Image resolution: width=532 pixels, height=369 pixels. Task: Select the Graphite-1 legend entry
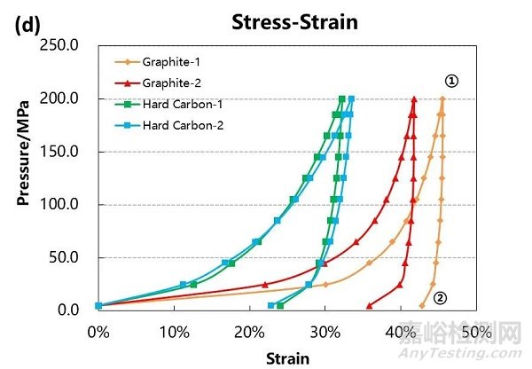168,62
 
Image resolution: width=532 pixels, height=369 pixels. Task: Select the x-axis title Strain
286,358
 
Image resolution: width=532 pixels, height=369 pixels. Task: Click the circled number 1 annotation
451,82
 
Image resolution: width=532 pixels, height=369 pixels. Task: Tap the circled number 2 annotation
439,299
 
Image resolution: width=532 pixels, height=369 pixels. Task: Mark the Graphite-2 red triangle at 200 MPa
414,99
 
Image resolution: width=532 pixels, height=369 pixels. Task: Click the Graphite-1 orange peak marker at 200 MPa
442,99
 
